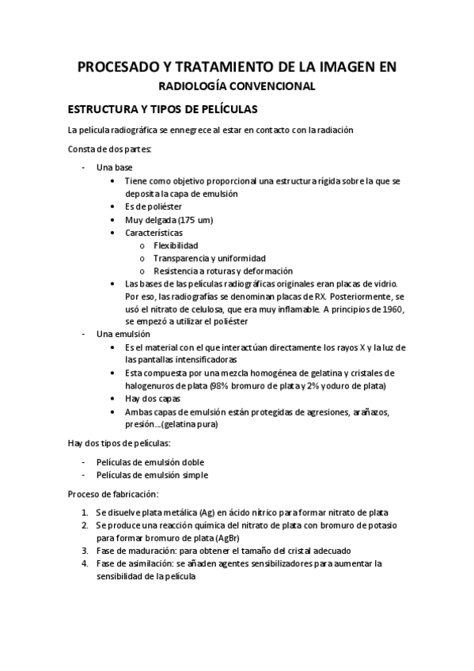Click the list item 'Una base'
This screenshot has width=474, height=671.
point(114,168)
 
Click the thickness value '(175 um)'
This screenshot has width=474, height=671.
point(194,219)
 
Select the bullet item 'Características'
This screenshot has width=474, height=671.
point(154,233)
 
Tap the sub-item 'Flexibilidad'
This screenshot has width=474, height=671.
point(176,245)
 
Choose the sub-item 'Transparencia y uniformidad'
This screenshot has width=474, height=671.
point(209,258)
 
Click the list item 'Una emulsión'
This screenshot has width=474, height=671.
point(123,334)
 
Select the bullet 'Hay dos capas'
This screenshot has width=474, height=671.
point(152,398)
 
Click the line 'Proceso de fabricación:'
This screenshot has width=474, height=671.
point(113,494)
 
